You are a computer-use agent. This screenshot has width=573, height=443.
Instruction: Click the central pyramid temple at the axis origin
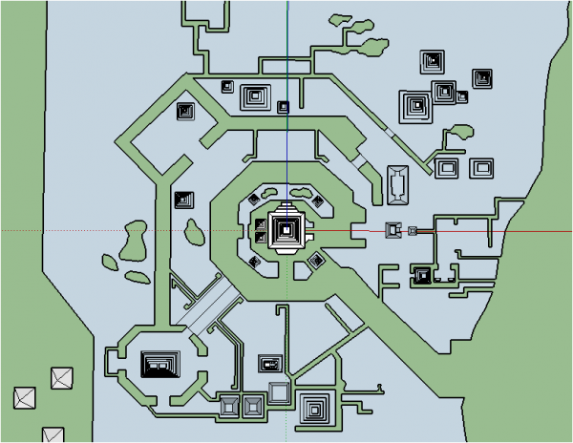pos(286,230)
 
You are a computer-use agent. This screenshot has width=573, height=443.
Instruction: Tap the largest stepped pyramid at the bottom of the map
pos(315,408)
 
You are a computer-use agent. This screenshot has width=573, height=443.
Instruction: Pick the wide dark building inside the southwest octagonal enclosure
pos(160,364)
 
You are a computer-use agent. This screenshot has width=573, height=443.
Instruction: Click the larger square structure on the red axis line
pos(393,230)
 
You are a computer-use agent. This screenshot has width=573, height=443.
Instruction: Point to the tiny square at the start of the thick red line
pos(413,230)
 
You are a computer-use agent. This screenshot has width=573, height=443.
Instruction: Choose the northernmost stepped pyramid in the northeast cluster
pos(432,62)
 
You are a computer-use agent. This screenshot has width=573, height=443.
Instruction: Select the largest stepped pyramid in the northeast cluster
pos(416,106)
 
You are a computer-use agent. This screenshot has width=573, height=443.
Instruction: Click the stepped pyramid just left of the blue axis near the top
pos(255,95)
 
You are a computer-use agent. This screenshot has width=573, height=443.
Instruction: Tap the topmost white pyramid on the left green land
pos(62,379)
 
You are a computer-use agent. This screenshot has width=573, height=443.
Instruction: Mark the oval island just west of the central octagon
pos(195,230)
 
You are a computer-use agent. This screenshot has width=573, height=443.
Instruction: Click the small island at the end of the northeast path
pos(460,133)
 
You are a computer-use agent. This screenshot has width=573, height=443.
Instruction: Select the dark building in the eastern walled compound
pos(422,276)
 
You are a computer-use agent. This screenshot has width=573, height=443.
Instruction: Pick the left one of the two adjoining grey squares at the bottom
pos(230,406)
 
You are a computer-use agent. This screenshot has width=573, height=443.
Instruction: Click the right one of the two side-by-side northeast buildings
pos(482,169)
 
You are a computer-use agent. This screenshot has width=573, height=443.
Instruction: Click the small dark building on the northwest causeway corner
pos(185,112)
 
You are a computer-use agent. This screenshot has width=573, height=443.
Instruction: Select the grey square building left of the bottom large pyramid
pos(279,391)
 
